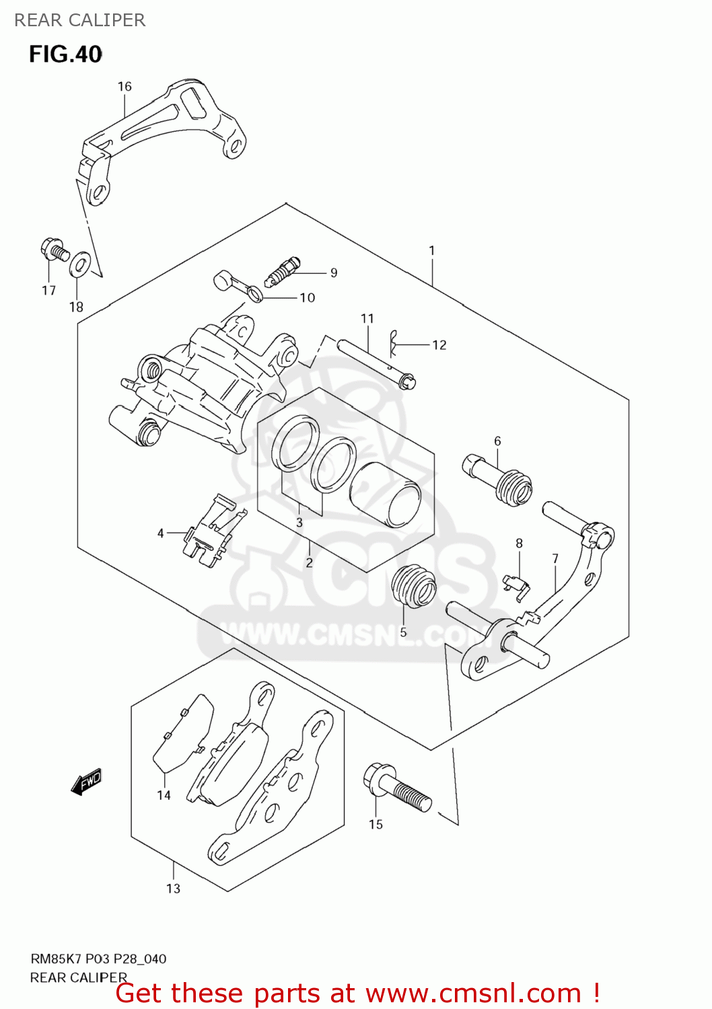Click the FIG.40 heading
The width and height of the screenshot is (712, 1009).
65,54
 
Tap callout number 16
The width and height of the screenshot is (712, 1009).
124,87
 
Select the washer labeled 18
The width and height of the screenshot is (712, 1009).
80,264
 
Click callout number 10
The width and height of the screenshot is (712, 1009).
308,297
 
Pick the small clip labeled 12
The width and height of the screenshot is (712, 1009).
395,344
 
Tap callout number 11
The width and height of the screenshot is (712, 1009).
367,318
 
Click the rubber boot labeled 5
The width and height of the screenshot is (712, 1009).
413,585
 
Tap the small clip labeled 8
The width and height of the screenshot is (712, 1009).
515,583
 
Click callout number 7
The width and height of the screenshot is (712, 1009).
555,558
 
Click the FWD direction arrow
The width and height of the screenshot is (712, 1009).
87,782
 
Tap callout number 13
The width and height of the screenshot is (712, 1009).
174,889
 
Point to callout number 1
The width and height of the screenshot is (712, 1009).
432,250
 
